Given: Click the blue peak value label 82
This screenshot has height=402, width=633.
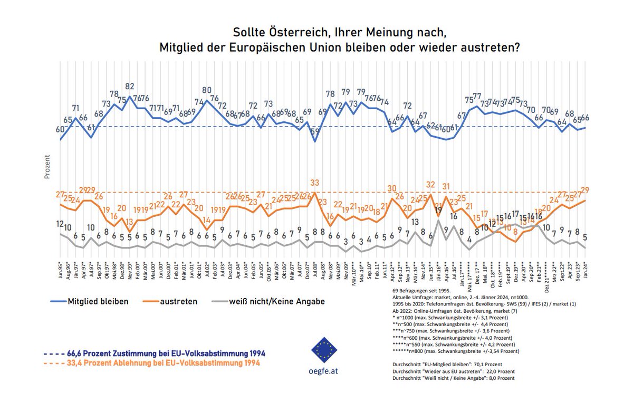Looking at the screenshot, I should click(130, 86).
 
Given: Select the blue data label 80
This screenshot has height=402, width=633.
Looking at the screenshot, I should click(207, 90).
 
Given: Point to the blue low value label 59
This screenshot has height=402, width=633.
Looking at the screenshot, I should click(315, 131).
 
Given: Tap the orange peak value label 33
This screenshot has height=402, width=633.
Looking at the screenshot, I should click(315, 183).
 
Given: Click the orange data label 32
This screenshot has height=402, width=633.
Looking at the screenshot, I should click(430, 184).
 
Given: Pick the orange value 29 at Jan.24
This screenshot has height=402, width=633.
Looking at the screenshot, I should click(584, 190).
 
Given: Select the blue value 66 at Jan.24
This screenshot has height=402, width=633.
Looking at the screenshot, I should click(584, 117).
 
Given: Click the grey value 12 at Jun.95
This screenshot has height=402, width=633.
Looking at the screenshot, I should click(60, 223).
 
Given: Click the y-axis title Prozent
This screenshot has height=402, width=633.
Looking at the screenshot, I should click(47, 167).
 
